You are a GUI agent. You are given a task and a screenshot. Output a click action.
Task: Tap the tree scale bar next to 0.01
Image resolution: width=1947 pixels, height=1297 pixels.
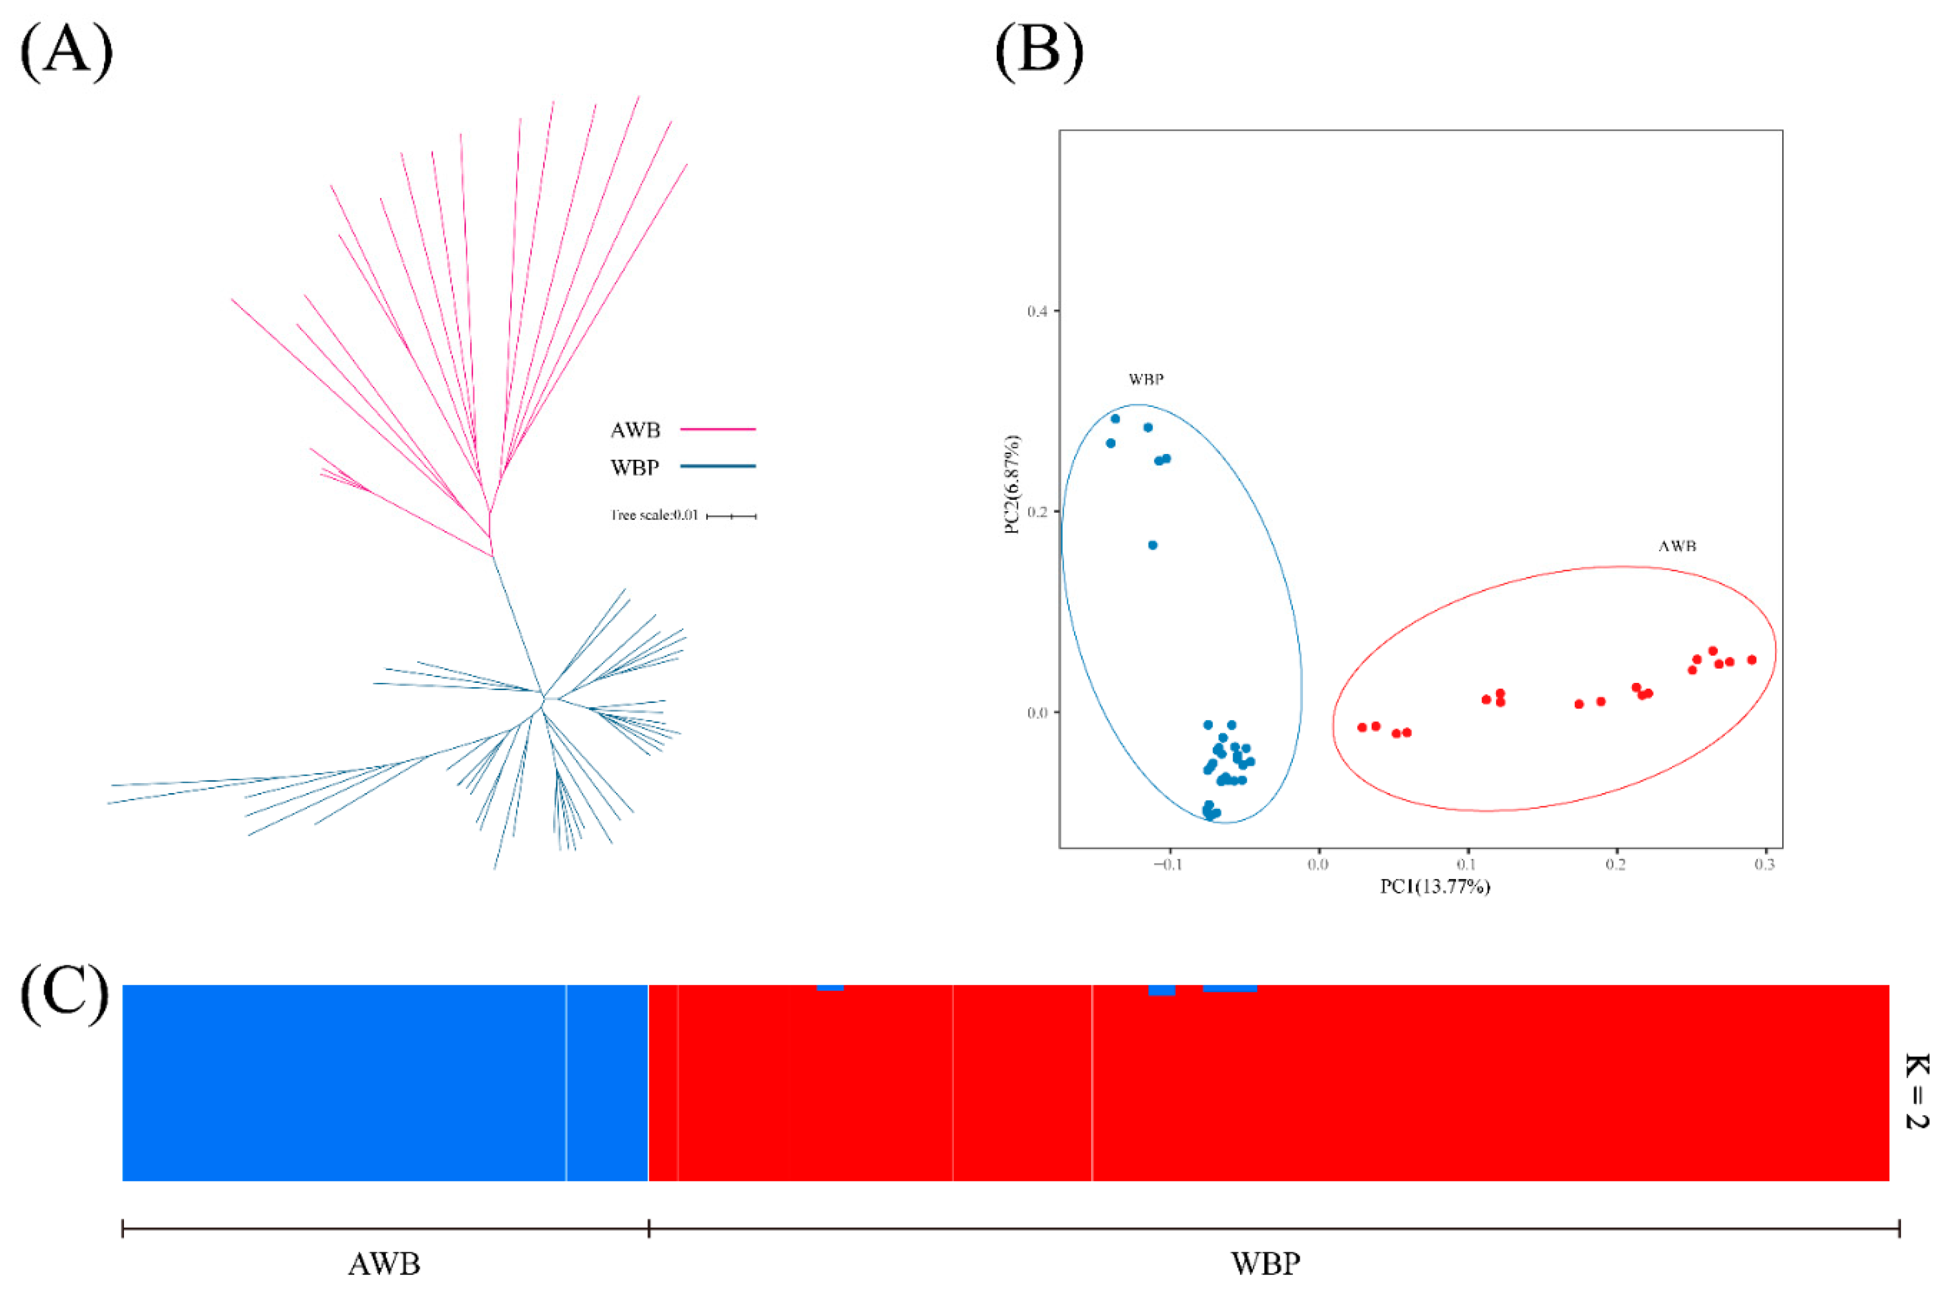731,516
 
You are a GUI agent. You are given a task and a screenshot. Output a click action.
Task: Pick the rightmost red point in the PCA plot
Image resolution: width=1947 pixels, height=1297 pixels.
1751,660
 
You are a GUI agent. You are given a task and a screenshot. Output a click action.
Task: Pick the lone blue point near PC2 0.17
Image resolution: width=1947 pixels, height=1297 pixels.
1152,545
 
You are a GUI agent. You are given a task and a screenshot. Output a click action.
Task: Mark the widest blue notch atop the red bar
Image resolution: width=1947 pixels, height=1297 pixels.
1229,988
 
